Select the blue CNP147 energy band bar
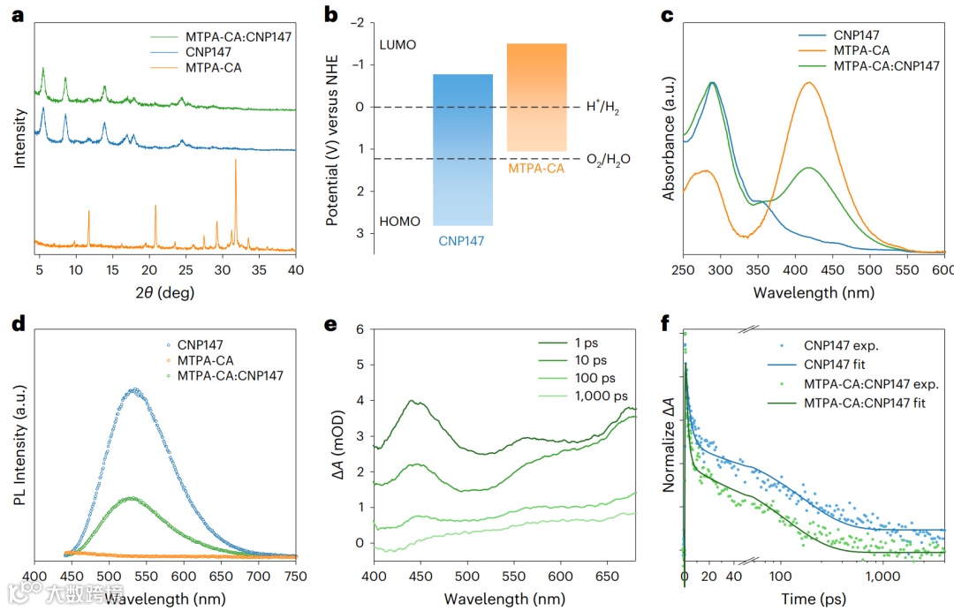click(463, 150)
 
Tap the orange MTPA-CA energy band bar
click(536, 97)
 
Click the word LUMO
click(397, 45)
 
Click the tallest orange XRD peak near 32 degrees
click(236, 161)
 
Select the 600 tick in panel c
click(943, 269)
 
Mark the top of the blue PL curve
click(134, 388)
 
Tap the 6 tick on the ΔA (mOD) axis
click(359, 328)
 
